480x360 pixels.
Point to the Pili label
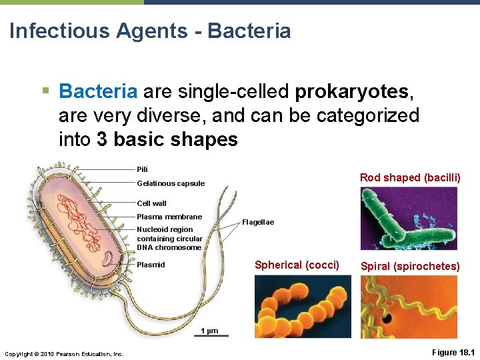click(142, 169)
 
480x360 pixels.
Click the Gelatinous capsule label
click(171, 183)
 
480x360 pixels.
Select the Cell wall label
click(151, 203)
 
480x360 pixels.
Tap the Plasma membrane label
click(169, 217)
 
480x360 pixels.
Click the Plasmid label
click(151, 265)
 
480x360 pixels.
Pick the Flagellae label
click(258, 222)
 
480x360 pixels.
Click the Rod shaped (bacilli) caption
click(410, 177)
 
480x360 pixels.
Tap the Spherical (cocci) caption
click(297, 265)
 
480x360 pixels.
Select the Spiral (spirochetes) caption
click(410, 267)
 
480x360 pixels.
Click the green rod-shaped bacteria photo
click(409, 218)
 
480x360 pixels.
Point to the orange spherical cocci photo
click(297, 307)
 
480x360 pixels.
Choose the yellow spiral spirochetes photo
click(409, 307)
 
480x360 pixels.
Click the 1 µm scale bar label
click(209, 331)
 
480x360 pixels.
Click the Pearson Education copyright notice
click(64, 353)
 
